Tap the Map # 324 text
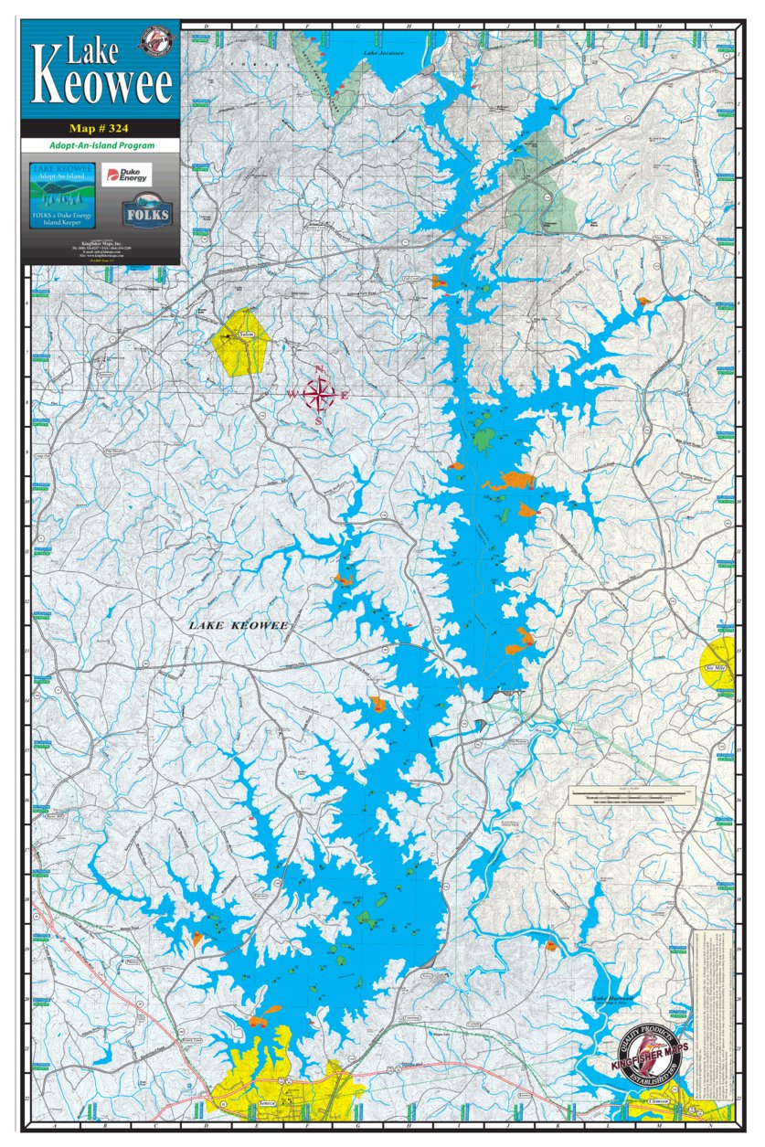click(x=101, y=128)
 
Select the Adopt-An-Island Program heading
click(x=101, y=145)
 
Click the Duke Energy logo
click(x=126, y=174)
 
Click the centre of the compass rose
click(x=319, y=396)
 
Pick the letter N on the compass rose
click(x=319, y=369)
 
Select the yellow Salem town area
click(x=240, y=341)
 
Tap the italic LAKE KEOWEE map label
click(x=239, y=626)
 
